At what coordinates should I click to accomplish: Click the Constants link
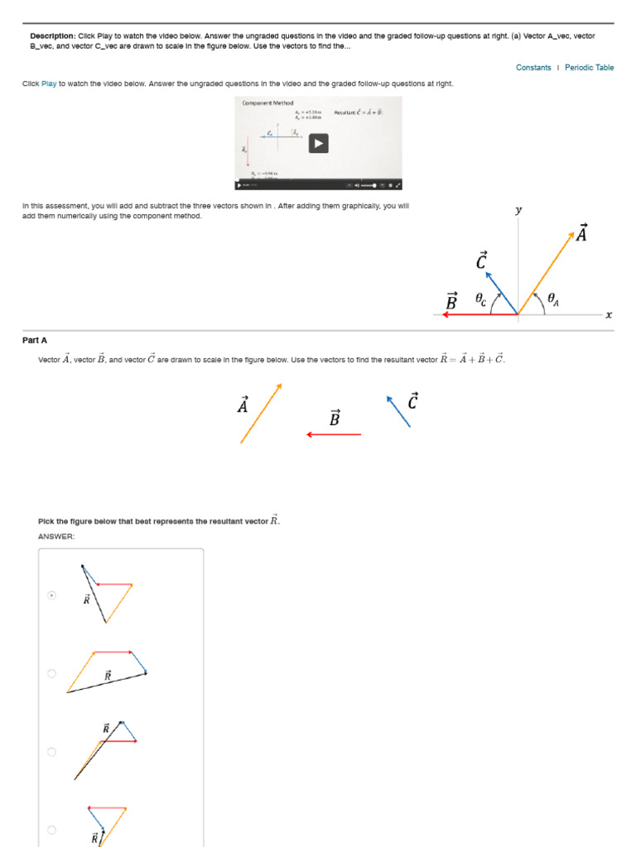(532, 68)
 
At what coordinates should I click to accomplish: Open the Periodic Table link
(589, 68)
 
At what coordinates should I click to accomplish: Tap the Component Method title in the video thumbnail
(267, 103)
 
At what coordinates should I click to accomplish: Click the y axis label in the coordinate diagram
(518, 210)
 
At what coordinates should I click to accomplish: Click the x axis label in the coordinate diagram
(609, 314)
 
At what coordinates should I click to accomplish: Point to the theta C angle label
(480, 299)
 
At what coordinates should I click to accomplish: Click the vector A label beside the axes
(581, 234)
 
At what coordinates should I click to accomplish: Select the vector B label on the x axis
(451, 302)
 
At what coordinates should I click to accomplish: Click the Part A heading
(34, 340)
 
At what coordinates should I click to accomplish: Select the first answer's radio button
(51, 595)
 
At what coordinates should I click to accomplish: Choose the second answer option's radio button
(51, 673)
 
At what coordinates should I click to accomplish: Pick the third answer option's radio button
(51, 752)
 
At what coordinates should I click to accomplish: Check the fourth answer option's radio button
(51, 830)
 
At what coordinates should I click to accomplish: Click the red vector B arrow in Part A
(334, 434)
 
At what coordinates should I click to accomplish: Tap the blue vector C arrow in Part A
(398, 411)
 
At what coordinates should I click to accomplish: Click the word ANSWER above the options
(56, 537)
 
